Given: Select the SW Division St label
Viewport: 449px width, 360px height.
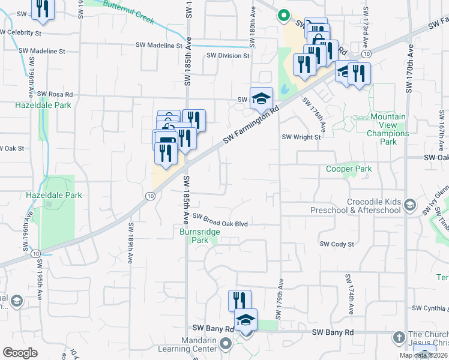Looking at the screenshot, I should [x=228, y=56].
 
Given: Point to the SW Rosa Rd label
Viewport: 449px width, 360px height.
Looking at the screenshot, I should [x=55, y=94].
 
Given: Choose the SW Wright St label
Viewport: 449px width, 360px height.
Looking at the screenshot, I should [x=302, y=137].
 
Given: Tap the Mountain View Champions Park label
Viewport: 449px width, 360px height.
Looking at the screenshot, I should [x=388, y=129].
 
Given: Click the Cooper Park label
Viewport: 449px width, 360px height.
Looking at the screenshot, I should [x=349, y=169].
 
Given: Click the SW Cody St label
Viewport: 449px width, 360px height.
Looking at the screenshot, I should [x=337, y=244].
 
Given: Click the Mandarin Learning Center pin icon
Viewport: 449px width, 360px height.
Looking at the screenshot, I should [x=226, y=344].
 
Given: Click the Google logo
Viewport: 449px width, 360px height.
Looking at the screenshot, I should [x=20, y=353].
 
